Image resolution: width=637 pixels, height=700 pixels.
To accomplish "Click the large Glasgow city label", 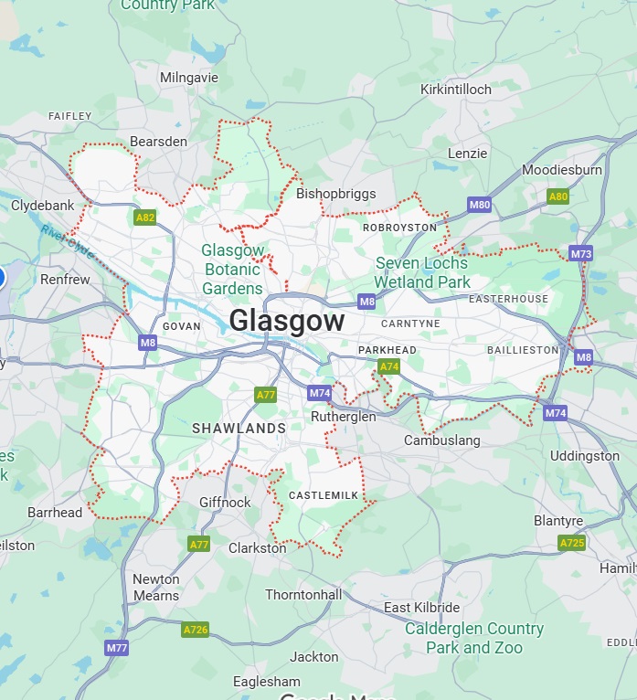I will tap(287, 321).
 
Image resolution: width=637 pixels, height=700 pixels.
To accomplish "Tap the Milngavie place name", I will tap(189, 78).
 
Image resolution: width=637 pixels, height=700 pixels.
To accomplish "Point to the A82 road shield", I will tap(144, 217).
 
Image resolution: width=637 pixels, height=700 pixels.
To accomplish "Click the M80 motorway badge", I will tap(480, 205).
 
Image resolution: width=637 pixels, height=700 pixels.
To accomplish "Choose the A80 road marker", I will tap(557, 196).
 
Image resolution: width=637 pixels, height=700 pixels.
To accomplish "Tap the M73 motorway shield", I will tap(580, 253).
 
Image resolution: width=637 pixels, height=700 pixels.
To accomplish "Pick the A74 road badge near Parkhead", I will tap(389, 366).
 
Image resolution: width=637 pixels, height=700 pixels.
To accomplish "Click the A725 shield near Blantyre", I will tap(572, 543).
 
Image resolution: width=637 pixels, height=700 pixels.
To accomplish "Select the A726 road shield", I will tap(195, 630).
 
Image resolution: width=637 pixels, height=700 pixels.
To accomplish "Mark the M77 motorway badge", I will tap(116, 648).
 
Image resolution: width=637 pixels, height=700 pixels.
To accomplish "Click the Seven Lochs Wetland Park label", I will tap(422, 272).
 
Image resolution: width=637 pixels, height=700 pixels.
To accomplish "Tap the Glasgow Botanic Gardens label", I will tap(233, 270).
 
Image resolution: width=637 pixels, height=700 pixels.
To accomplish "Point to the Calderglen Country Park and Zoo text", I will tap(474, 638).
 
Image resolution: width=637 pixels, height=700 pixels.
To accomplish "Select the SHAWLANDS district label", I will tap(239, 428).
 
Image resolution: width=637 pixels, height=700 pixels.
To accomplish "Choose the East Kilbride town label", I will tap(421, 608).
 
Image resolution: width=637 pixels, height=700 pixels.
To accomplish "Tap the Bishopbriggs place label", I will tap(335, 194).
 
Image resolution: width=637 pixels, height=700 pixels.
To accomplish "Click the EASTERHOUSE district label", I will tap(508, 299).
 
